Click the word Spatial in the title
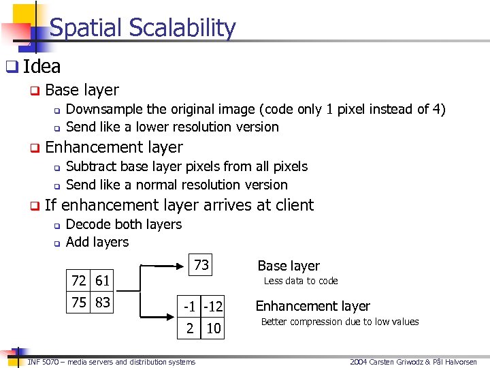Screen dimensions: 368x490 click(84, 28)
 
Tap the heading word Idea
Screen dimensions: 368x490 click(42, 66)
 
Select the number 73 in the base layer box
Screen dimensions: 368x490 click(201, 265)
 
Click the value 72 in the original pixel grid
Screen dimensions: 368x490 click(80, 280)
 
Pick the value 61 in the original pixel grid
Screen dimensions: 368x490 click(102, 280)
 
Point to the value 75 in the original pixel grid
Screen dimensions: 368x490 click(80, 303)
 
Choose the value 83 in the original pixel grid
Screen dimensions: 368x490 click(102, 303)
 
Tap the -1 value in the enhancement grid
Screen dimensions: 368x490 click(191, 307)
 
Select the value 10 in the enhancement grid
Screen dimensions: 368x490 click(213, 328)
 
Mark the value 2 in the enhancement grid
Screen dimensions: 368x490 click(191, 328)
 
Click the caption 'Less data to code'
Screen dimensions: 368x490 click(300, 281)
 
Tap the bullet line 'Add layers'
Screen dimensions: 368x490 click(97, 242)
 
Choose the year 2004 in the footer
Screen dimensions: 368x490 click(359, 362)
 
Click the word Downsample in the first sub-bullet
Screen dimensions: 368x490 click(104, 109)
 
